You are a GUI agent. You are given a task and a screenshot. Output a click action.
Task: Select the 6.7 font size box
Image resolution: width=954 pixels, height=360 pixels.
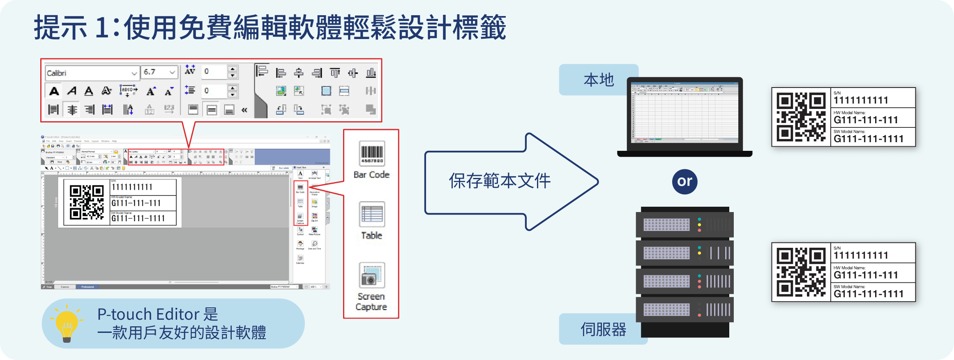point(159,72)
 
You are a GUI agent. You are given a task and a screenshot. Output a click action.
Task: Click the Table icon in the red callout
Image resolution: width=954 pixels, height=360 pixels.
point(372,214)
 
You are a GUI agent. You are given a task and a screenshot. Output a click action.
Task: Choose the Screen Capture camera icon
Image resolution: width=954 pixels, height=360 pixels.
point(372,275)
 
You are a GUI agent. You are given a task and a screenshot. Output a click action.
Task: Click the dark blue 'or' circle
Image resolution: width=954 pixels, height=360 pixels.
point(684,181)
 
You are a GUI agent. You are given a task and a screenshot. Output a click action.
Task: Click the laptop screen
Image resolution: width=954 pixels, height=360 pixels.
point(684,111)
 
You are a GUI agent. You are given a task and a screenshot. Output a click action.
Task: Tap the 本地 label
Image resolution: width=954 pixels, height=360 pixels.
point(599,80)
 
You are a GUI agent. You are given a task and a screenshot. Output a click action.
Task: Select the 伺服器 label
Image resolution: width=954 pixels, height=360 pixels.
point(603,329)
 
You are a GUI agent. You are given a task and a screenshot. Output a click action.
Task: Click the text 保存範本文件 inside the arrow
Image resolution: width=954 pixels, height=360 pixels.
point(500,181)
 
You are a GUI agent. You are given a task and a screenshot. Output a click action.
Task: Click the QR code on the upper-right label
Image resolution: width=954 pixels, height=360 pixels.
point(801,117)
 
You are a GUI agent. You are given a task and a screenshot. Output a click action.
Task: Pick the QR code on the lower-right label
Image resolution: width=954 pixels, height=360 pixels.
point(801,272)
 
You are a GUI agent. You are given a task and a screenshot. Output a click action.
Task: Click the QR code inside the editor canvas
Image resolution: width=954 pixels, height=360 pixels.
point(87,202)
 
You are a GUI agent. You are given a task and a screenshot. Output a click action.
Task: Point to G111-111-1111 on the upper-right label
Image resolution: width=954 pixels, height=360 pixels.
point(869,139)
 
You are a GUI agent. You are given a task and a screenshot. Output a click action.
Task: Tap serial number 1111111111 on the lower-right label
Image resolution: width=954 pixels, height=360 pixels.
point(861,256)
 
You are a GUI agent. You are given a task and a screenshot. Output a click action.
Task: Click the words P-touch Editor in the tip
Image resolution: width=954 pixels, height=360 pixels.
point(148,314)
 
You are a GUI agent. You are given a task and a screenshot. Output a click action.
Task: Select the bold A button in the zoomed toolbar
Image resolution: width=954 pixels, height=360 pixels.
point(54,91)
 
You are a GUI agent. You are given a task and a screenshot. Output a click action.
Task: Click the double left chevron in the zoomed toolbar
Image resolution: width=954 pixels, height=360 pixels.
point(244,110)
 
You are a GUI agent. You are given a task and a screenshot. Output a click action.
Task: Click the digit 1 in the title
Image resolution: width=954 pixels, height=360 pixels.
point(101,28)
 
